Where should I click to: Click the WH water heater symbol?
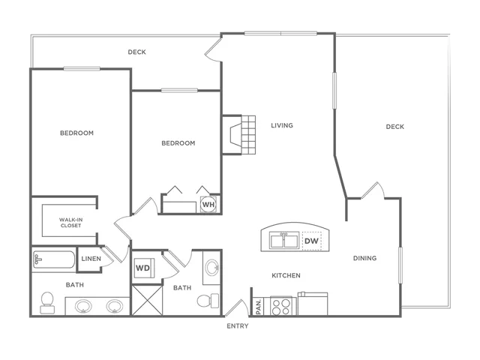click(208, 204)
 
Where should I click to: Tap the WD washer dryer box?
click(143, 268)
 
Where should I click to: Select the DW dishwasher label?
click(312, 241)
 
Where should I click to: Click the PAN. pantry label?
click(259, 307)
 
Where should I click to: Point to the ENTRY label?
click(238, 326)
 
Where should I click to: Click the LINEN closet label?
click(91, 259)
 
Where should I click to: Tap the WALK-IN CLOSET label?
click(70, 223)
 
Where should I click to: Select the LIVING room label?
click(282, 125)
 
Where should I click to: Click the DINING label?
click(365, 258)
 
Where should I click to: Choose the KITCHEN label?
click(286, 275)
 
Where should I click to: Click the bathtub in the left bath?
click(54, 260)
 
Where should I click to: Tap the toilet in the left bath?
click(47, 303)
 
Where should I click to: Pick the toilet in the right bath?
click(208, 301)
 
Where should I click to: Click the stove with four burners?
click(281, 306)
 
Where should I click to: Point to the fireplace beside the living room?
click(238, 135)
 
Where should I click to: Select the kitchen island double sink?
click(284, 240)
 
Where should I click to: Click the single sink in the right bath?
click(211, 268)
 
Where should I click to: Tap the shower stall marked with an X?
click(147, 300)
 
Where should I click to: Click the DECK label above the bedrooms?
click(136, 52)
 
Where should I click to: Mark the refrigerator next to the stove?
click(313, 304)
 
